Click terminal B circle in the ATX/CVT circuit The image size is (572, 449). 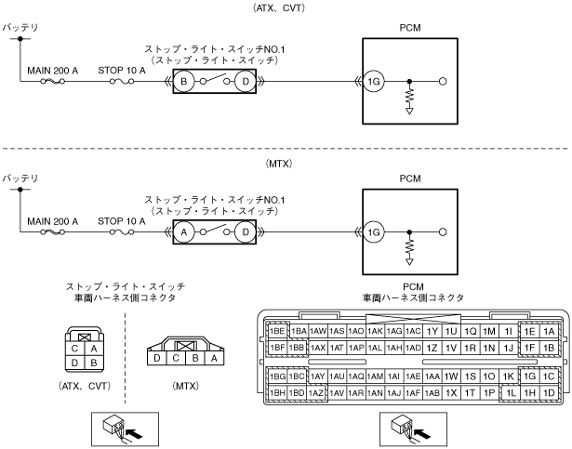click(x=184, y=82)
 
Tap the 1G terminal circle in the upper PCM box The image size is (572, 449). click(x=374, y=82)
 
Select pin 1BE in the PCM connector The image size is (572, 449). click(x=276, y=331)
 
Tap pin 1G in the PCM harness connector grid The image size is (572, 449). click(x=530, y=376)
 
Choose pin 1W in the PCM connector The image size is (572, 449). click(x=451, y=376)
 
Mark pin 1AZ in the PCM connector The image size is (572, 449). click(x=317, y=392)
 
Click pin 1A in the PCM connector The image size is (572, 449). click(x=549, y=331)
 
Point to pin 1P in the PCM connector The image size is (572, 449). click(x=489, y=392)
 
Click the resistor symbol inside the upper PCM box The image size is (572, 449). click(x=409, y=97)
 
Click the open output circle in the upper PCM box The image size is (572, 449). click(x=443, y=82)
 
